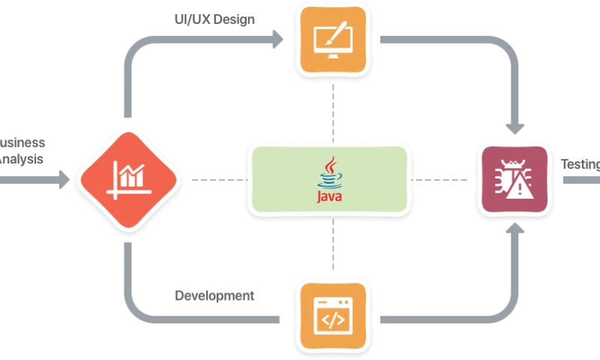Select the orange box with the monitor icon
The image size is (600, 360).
coord(333,39)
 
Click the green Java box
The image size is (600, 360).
coord(330,179)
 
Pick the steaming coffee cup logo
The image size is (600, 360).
coord(330,172)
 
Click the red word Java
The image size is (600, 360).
coord(330,197)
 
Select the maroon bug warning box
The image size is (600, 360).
coord(514,179)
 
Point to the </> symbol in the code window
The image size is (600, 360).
coord(333,320)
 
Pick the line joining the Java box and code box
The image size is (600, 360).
coord(332,246)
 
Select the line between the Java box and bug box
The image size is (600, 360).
coord(442,180)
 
